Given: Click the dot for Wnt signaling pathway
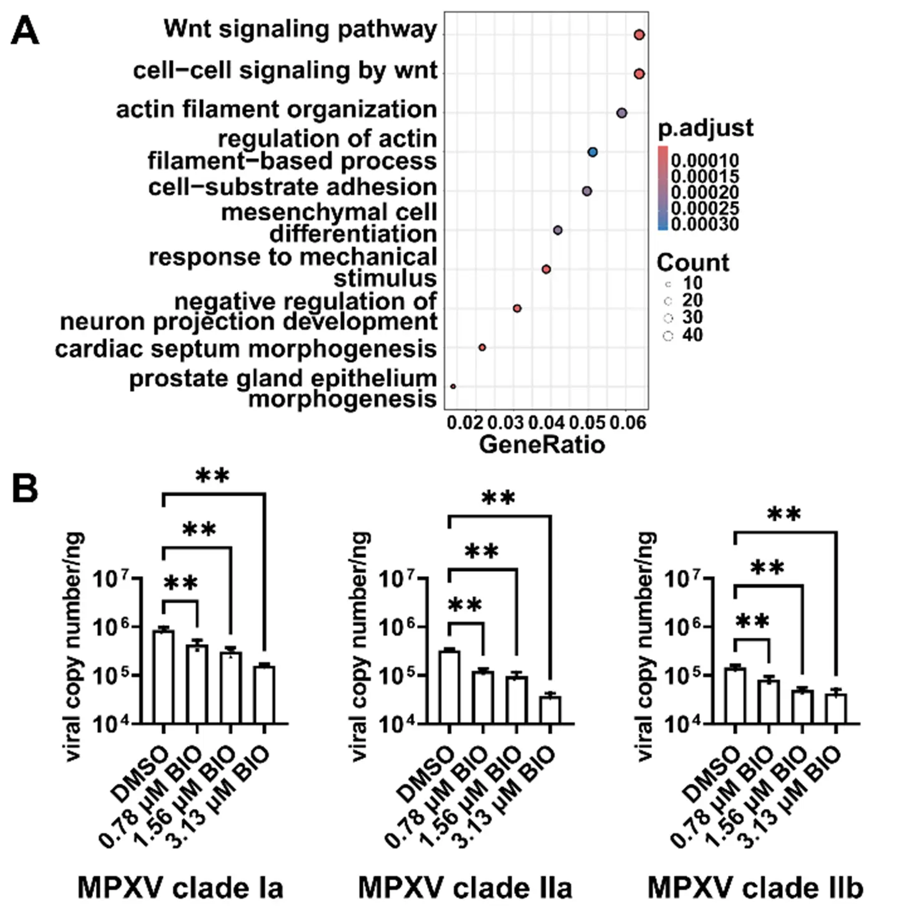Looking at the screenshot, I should pos(639,35).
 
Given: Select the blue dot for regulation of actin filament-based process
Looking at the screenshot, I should pos(592,152).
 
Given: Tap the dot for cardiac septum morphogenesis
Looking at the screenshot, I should pos(482,347).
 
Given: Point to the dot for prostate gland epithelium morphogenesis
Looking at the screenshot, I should pos(453,386).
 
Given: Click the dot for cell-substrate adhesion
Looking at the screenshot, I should pos(587,191).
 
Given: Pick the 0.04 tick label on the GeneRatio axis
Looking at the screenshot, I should pos(546,423).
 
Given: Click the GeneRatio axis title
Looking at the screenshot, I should pos(542,444).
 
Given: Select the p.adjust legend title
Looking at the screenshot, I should pos(705,128).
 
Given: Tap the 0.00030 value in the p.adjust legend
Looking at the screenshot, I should pos(705,224).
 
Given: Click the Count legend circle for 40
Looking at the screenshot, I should pos(668,336).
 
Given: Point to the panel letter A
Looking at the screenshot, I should pos(25,31).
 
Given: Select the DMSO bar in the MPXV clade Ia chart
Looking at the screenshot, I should pos(164,677).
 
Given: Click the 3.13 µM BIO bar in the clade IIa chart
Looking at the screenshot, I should pos(551,710).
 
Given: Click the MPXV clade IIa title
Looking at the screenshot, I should pos(465,888).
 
